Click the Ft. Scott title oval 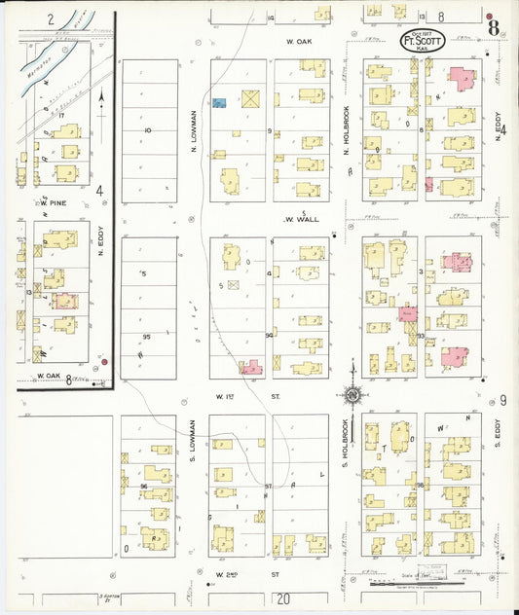click(x=424, y=41)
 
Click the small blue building click(x=220, y=102)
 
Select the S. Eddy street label click(x=497, y=434)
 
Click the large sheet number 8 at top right click(x=494, y=28)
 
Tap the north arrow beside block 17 click(x=101, y=101)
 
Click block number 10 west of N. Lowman click(x=148, y=129)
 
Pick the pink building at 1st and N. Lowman click(x=250, y=367)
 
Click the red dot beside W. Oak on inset click(x=105, y=365)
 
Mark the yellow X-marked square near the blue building click(x=250, y=99)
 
